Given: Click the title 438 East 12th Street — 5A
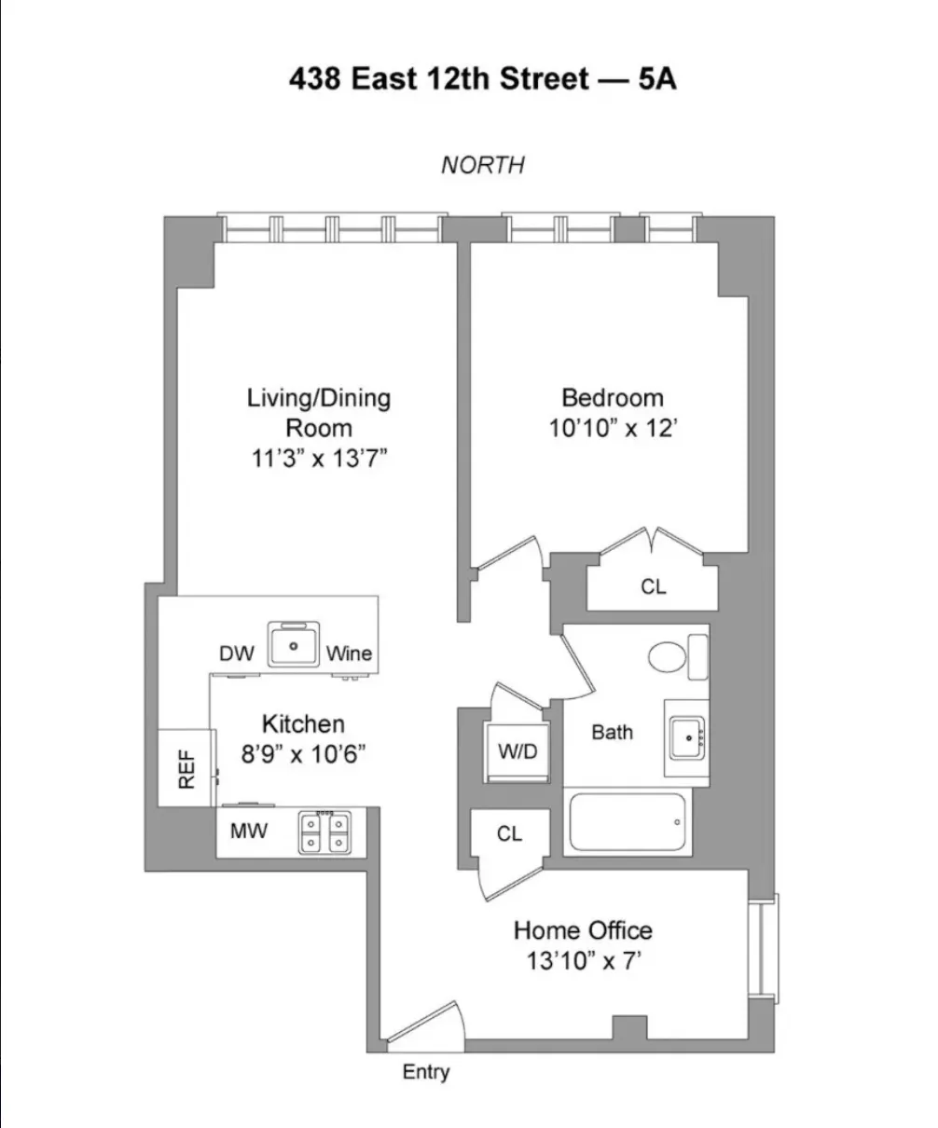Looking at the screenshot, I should click(482, 79).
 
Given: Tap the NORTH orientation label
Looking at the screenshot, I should click(482, 165).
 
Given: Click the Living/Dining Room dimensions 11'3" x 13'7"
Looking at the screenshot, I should click(318, 459).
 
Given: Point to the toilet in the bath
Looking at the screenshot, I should click(668, 657).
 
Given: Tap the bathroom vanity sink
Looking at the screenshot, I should click(687, 736).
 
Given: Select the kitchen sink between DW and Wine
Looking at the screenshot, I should click(294, 644).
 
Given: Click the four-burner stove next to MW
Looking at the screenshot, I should click(325, 832).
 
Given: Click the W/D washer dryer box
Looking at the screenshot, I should click(517, 750).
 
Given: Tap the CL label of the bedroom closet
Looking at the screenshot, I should click(654, 587).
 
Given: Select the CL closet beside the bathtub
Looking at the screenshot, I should click(509, 833).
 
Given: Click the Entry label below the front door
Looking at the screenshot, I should click(426, 1072).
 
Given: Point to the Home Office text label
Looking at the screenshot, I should click(583, 929).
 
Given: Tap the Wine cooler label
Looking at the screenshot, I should click(349, 653).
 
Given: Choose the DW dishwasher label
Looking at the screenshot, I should click(236, 653).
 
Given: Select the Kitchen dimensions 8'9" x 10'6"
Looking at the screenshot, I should click(303, 753).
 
